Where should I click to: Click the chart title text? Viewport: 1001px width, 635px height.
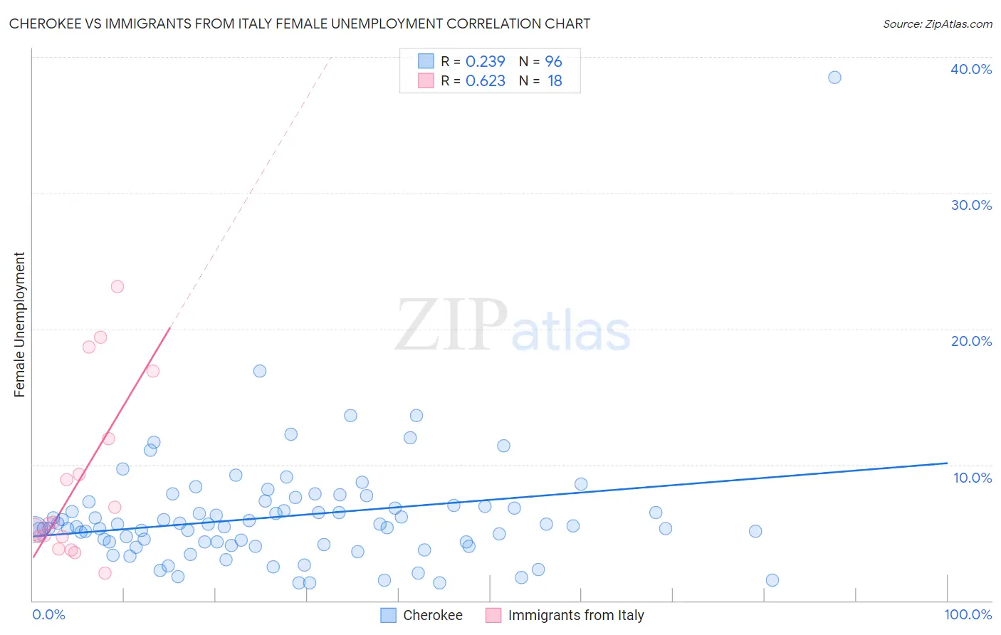pyautogui.click(x=300, y=23)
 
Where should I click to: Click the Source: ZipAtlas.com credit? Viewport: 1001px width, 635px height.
pyautogui.click(x=937, y=23)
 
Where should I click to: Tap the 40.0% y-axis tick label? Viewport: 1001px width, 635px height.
pyautogui.click(x=971, y=69)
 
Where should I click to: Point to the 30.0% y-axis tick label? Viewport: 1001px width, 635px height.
pyautogui.click(x=971, y=205)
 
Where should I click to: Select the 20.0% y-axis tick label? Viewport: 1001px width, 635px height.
pyautogui.click(x=971, y=341)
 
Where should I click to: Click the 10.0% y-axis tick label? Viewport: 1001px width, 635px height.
pyautogui.click(x=973, y=478)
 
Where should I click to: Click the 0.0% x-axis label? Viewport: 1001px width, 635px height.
pyautogui.click(x=49, y=614)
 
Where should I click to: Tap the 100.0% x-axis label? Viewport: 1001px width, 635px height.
pyautogui.click(x=968, y=614)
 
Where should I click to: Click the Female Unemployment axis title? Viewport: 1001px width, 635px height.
pyautogui.click(x=19, y=325)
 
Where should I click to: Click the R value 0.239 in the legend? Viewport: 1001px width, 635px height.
pyautogui.click(x=485, y=62)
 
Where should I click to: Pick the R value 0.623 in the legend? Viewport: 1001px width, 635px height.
pyautogui.click(x=485, y=81)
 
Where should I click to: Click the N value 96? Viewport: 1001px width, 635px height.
pyautogui.click(x=553, y=62)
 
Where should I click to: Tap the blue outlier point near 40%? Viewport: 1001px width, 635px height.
pyautogui.click(x=834, y=78)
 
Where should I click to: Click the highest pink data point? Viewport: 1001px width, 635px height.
pyautogui.click(x=117, y=287)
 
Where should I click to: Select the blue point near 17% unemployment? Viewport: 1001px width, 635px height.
pyautogui.click(x=260, y=371)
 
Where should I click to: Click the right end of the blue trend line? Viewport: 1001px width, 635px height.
pyautogui.click(x=946, y=463)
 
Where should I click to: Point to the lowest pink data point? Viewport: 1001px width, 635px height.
pyautogui.click(x=105, y=573)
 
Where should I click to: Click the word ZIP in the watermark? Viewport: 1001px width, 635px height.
pyautogui.click(x=451, y=325)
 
